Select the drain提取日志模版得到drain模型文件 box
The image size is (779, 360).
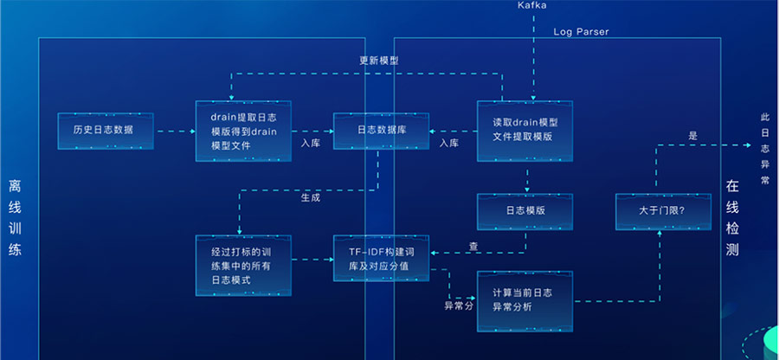click(x=243, y=132)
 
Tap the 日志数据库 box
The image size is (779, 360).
click(x=381, y=131)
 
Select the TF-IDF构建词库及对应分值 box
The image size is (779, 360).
click(x=382, y=258)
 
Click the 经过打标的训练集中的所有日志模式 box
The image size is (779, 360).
click(x=243, y=259)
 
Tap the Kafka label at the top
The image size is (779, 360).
click(x=531, y=6)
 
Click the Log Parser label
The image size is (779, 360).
click(x=581, y=32)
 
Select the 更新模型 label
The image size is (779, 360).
click(x=378, y=61)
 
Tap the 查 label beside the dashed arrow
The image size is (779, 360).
click(x=473, y=246)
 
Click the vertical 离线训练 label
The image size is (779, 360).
click(x=15, y=218)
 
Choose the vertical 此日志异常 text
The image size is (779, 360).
click(x=763, y=148)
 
